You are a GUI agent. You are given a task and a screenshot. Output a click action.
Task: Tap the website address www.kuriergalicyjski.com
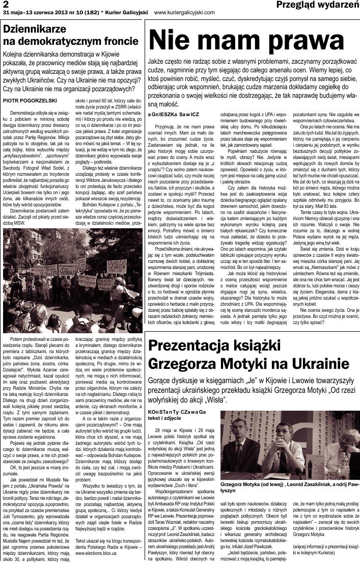[184, 12]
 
